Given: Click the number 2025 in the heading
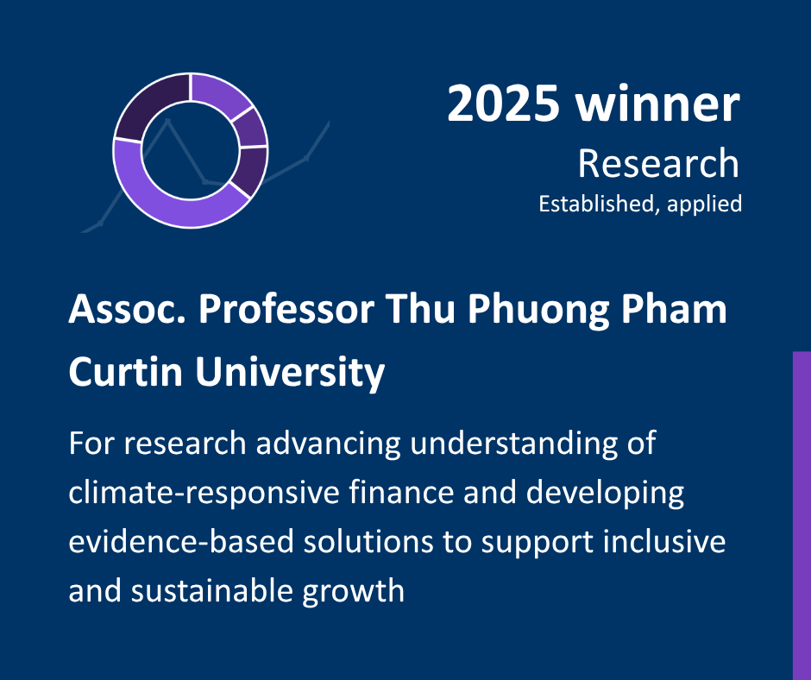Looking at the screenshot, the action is [503, 104].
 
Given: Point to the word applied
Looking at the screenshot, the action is [705, 205].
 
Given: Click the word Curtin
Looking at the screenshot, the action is [126, 372].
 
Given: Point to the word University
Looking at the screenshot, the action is [290, 374].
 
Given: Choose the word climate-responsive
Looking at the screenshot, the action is [204, 493].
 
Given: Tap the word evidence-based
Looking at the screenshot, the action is [181, 541].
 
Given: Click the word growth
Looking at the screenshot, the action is [353, 592].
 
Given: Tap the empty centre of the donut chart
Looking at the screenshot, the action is [191, 150].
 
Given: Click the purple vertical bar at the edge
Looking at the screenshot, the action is [802, 515].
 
